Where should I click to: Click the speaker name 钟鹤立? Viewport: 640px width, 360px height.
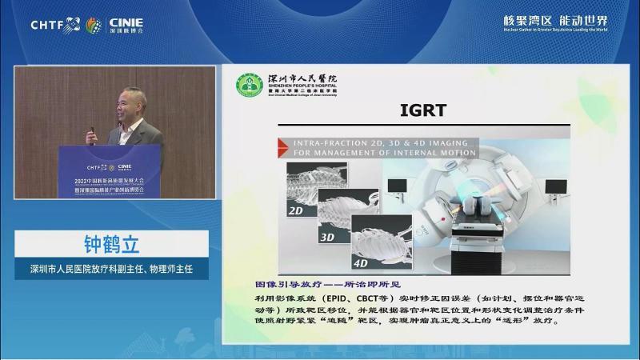point(111,243)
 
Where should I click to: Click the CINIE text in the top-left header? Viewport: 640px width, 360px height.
point(124,21)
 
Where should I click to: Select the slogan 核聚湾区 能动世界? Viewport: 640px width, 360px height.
point(555,20)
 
